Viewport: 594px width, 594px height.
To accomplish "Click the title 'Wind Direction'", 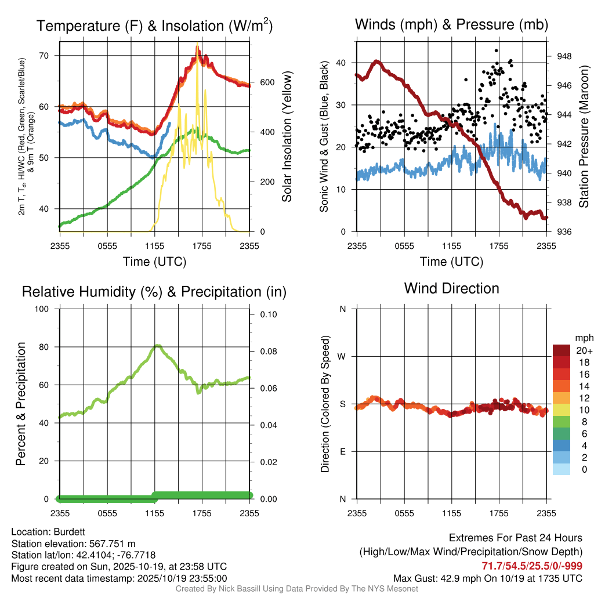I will [451, 288].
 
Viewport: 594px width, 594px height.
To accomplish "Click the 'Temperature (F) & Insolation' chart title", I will [154, 26].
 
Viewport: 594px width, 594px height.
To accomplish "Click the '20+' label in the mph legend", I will [582, 351].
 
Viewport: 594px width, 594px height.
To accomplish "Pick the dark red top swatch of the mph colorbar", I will [562, 351].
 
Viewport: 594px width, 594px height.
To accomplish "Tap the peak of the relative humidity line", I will [157, 346].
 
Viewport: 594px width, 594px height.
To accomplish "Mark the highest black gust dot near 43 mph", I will [497, 50].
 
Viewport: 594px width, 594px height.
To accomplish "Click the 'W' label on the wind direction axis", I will [342, 356].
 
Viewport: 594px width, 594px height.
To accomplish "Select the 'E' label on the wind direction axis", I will [342, 451].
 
